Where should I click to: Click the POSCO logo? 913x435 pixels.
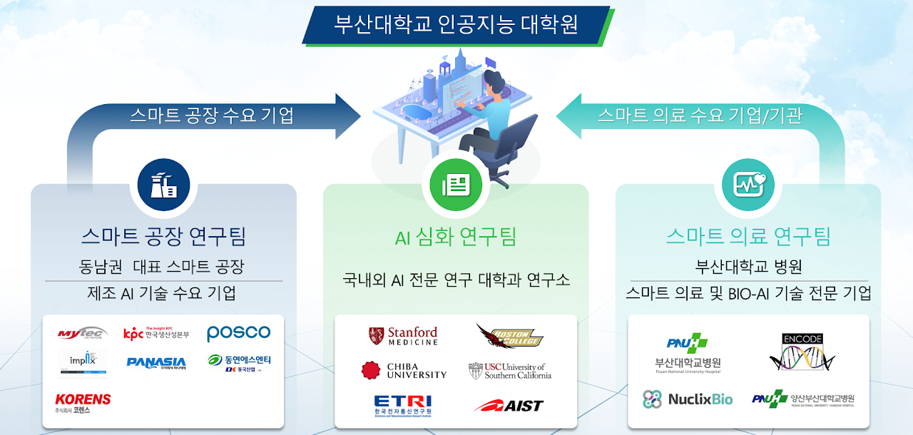tap(239, 333)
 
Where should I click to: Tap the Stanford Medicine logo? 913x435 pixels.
tap(403, 337)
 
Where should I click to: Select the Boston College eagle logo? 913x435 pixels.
tap(509, 336)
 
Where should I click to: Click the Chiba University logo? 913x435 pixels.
tap(404, 370)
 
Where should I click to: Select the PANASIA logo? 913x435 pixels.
tap(156, 363)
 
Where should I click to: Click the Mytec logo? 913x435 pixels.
tap(83, 333)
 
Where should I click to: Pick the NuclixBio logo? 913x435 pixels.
tap(688, 399)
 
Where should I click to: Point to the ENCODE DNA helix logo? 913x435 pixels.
tap(802, 352)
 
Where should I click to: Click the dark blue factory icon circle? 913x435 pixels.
tap(163, 185)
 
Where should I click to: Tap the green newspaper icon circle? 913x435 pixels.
tap(456, 185)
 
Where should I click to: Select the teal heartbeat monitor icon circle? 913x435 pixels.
tap(748, 185)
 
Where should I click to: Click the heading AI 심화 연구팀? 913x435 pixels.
tap(456, 237)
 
